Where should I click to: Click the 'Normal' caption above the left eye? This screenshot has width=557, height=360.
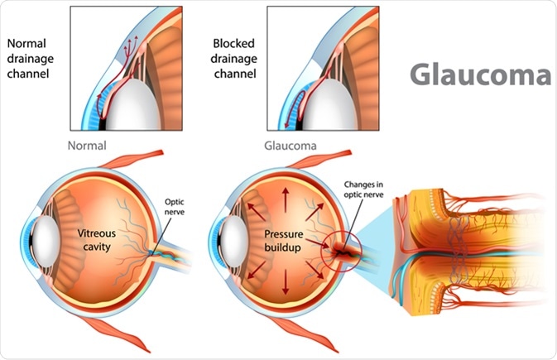click(x=88, y=143)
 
